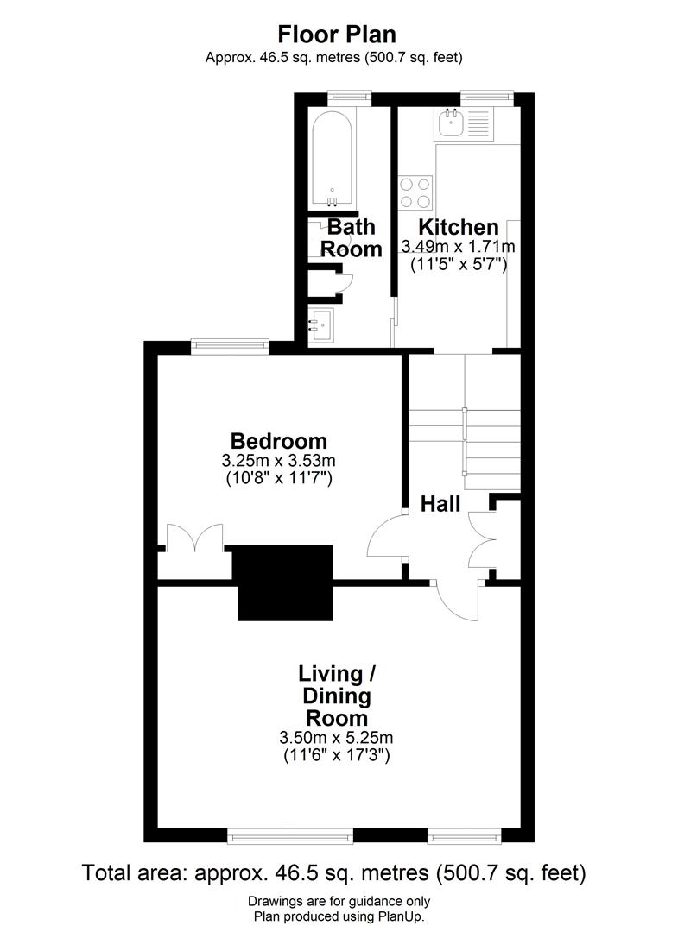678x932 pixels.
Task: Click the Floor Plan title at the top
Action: pyautogui.click(x=336, y=35)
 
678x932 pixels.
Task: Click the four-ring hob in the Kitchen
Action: pyautogui.click(x=415, y=192)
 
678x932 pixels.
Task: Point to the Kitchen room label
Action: pyautogui.click(x=459, y=227)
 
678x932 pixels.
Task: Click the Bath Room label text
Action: pyautogui.click(x=352, y=238)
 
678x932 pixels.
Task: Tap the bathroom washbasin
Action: pyautogui.click(x=325, y=325)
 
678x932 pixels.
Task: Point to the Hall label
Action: pyautogui.click(x=440, y=504)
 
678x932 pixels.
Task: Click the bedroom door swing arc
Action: pyautogui.click(x=385, y=539)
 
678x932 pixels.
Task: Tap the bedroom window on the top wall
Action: pyautogui.click(x=229, y=346)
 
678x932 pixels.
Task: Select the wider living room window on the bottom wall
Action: pyautogui.click(x=290, y=835)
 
